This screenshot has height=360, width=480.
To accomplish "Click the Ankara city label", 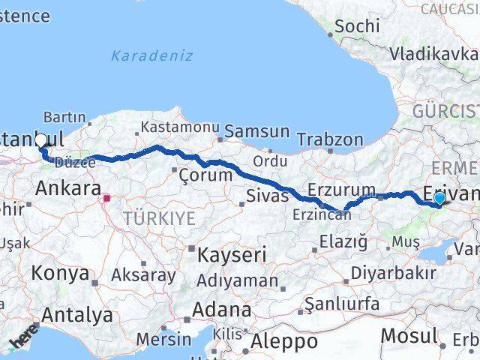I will coord(68,187).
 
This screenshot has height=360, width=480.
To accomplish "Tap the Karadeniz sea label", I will coord(151,55).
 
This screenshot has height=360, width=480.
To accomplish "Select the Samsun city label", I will coord(256,131).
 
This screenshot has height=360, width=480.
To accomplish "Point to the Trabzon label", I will coord(330,139).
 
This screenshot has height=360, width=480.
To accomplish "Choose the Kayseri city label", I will coord(231,254).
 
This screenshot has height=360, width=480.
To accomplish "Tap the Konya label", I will coord(60,272).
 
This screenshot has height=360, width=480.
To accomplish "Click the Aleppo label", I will coord(284,342).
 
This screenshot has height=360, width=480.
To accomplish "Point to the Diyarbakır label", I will coord(393,272).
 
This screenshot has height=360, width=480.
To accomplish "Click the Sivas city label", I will coord(268,196).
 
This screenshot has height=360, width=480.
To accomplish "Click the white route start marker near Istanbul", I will coord(40,139).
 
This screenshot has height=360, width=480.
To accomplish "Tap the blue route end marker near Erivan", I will coord(439,198).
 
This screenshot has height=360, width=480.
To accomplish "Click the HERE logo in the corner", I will coord(22,340).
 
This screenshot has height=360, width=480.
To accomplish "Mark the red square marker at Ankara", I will coord(107,199).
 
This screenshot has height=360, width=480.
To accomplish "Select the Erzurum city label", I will coord(341,190).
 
